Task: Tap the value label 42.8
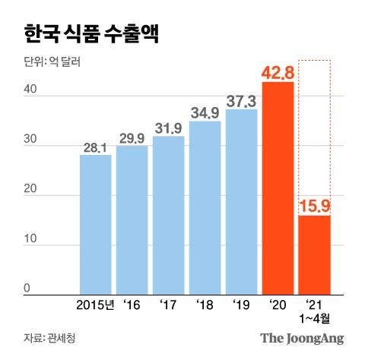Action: click(278, 72)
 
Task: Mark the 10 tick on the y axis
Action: click(28, 240)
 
